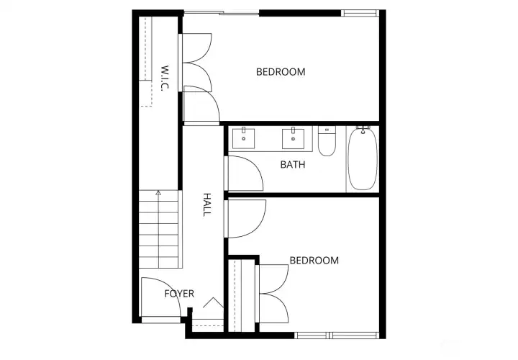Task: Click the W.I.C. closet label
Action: [x=165, y=78]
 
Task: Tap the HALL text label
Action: [x=206, y=204]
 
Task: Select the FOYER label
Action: [x=179, y=294]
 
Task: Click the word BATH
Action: [x=293, y=165]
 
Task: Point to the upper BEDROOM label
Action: [x=281, y=72]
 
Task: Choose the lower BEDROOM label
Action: [x=314, y=261]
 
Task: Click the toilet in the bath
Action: [x=327, y=141]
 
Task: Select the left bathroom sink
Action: [x=245, y=137]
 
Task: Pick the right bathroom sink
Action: [x=293, y=137]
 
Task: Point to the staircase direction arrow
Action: [x=158, y=193]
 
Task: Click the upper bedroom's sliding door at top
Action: [x=221, y=12]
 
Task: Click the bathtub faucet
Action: [x=363, y=130]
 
